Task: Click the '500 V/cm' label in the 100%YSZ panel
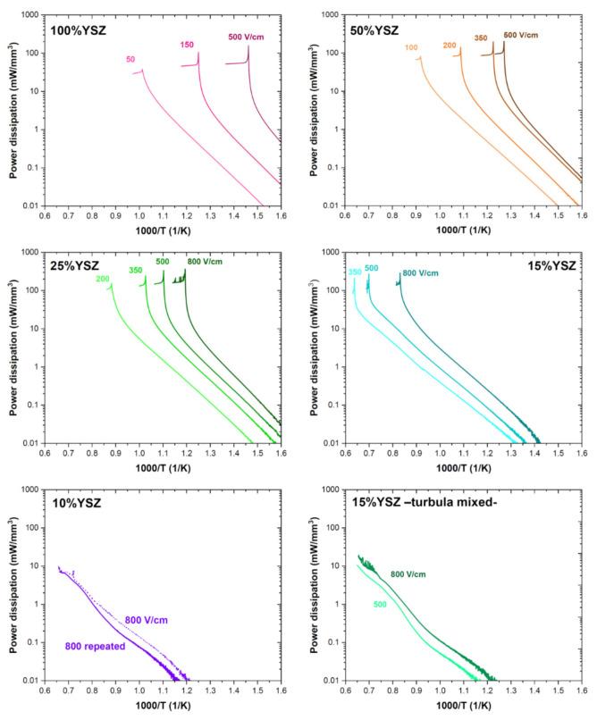(x=248, y=37)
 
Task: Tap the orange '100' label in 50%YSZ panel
(x=411, y=48)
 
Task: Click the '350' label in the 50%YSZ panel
(x=480, y=38)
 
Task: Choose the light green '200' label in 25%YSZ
(x=103, y=279)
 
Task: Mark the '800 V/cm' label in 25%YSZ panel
(x=206, y=261)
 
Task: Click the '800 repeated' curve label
(x=96, y=645)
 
